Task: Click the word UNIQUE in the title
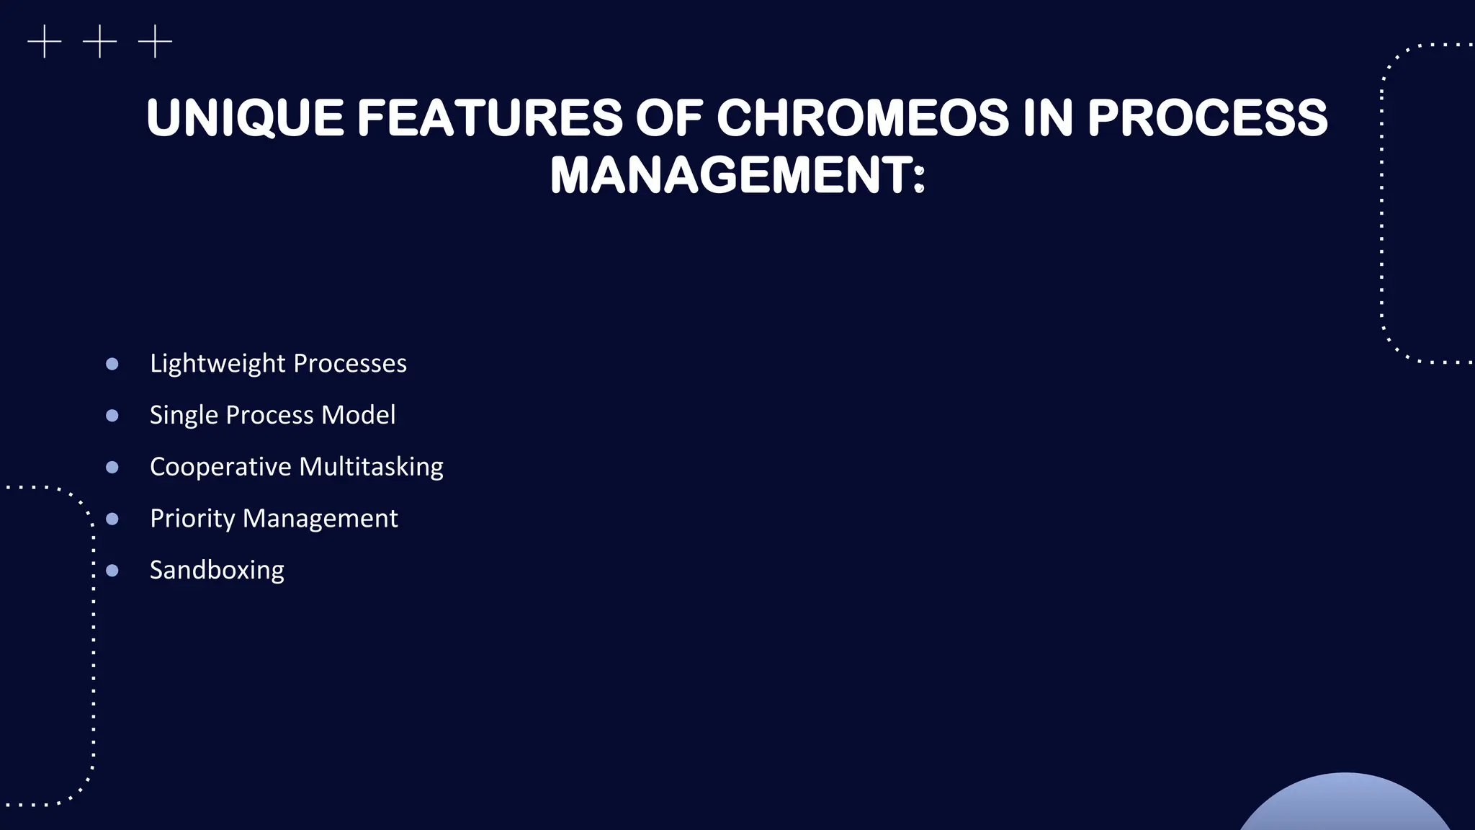pos(245,118)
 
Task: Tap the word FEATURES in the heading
pos(490,118)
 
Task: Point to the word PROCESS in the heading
pos(1207,118)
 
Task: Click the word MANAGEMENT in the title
pos(731,176)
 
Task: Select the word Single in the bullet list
pos(184,416)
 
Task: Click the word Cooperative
pos(220,467)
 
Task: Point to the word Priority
pos(192,519)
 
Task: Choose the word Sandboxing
pos(217,570)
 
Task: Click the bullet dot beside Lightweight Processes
pos(112,364)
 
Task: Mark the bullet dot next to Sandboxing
pos(112,571)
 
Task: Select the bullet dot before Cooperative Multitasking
pos(112,468)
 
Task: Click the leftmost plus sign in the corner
pos(45,42)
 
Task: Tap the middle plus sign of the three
pos(99,42)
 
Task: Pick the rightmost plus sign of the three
pos(155,42)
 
